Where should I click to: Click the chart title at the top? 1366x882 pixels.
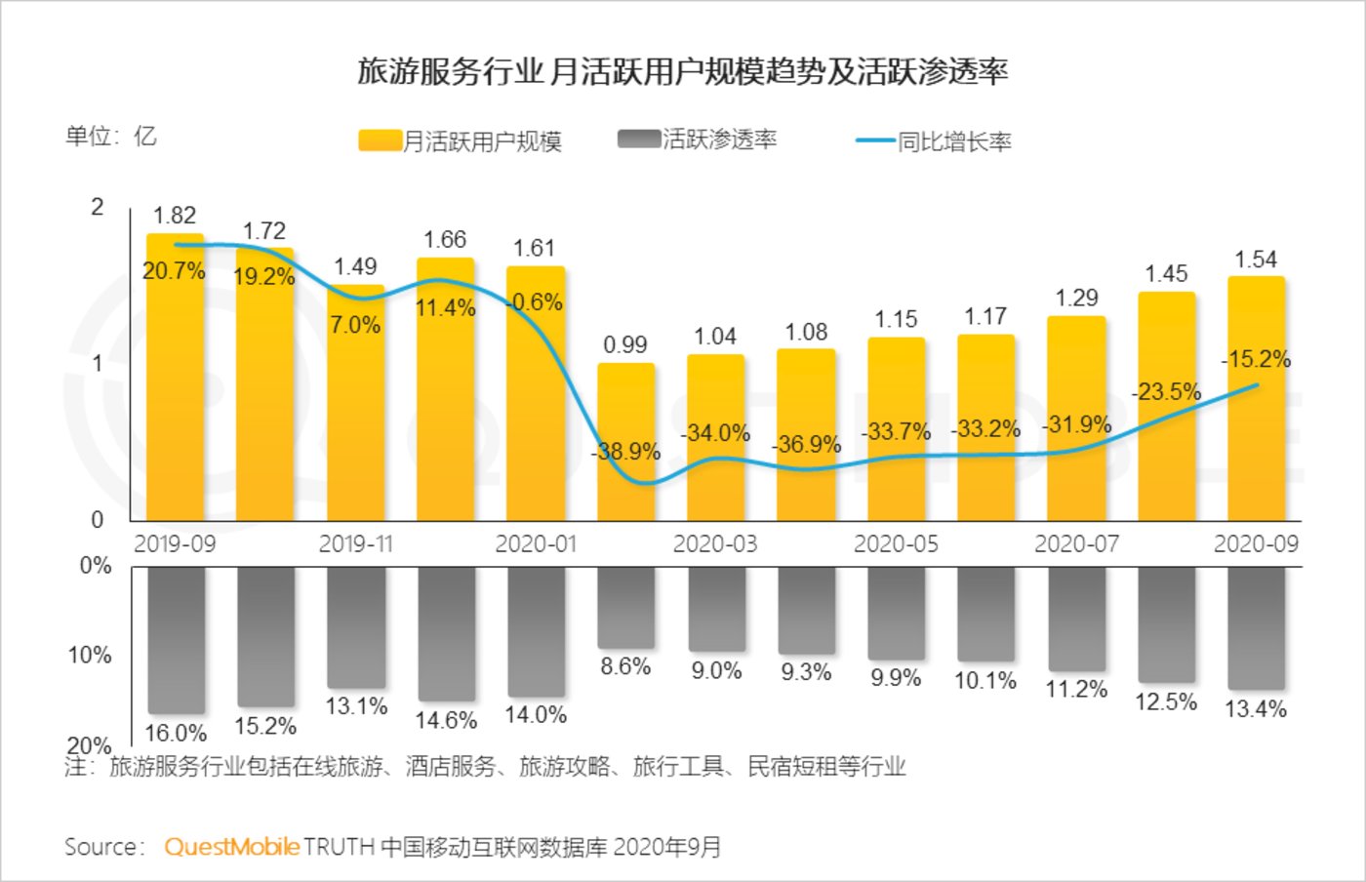coord(682,71)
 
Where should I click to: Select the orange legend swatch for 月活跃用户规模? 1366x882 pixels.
coord(380,141)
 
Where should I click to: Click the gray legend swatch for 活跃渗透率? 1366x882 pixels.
coord(639,140)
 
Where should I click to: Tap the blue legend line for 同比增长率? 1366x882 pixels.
coord(875,141)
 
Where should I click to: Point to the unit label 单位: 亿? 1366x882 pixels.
coord(110,136)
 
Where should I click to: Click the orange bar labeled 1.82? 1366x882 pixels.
coord(176,390)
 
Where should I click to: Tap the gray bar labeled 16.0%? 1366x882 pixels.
coord(177,639)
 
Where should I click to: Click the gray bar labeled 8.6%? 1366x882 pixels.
coord(625,607)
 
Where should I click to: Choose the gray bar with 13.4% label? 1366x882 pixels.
coord(1256,627)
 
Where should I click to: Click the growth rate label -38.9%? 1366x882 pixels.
coord(625,452)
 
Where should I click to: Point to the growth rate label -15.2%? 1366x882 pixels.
coord(1257,359)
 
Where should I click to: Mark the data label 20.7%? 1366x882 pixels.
coord(174,270)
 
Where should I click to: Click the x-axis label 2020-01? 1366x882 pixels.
coord(536,543)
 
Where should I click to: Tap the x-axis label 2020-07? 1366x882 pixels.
coord(1076,543)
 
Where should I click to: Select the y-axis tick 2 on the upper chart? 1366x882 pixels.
coord(97,207)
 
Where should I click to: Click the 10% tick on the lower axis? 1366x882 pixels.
coord(90,655)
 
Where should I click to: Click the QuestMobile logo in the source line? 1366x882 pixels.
coord(231,846)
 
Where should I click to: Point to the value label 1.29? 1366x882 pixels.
coord(1076,298)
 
